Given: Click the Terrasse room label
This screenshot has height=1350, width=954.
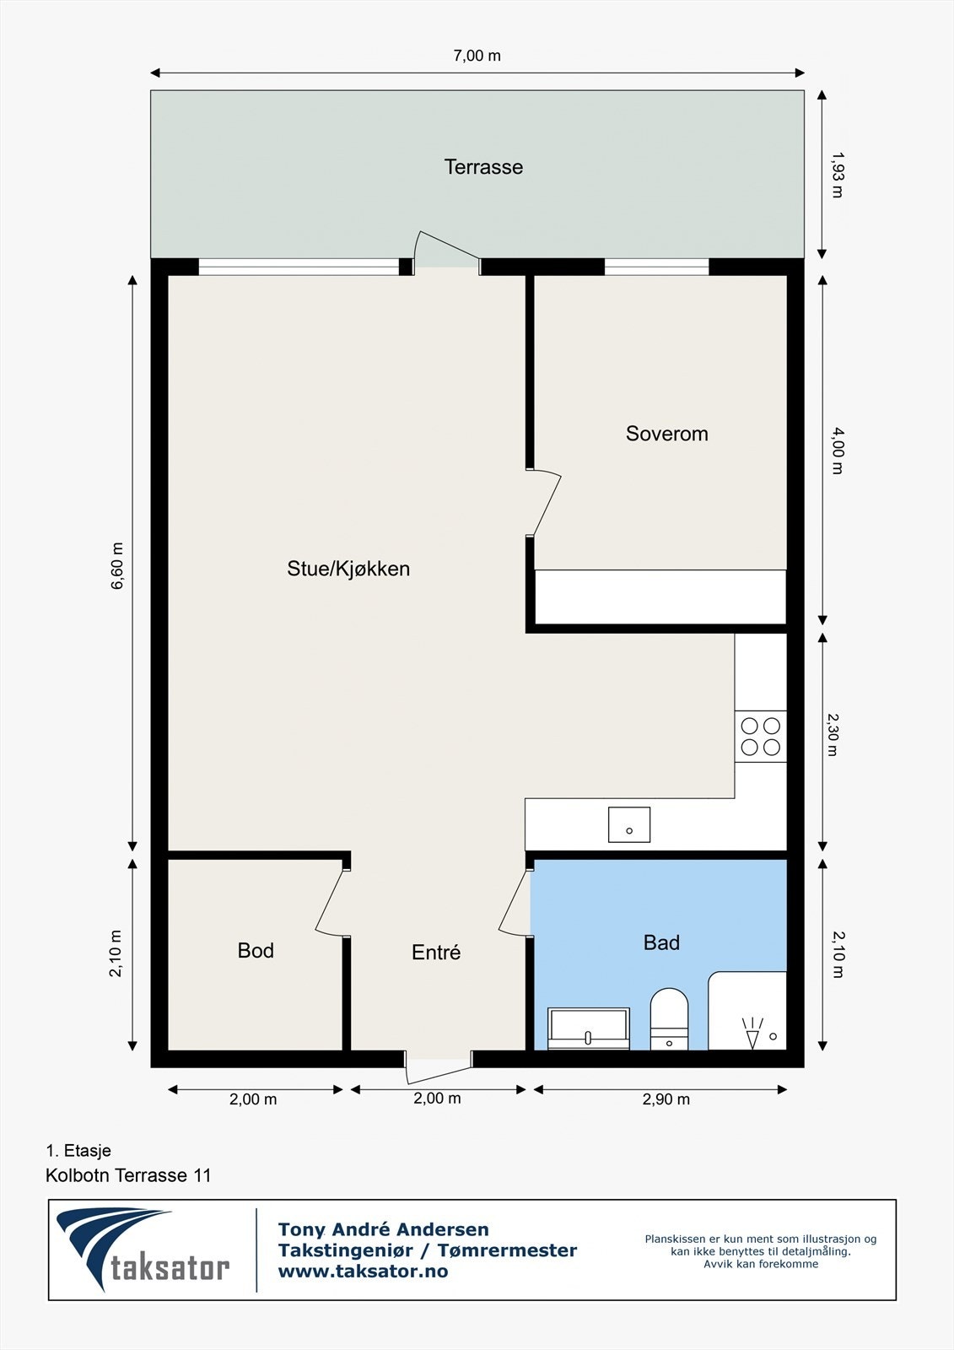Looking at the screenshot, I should pos(483,167).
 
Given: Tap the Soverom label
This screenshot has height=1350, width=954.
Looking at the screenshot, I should pos(666,434).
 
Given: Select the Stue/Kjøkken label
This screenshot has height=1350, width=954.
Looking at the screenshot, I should pos(348,569).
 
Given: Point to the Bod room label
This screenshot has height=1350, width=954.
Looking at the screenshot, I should pos(256,951).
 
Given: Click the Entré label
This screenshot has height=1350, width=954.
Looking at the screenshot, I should pos(436,953).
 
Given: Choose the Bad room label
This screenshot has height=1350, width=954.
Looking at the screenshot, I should pos(661,942).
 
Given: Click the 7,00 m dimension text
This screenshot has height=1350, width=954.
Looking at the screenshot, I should pos(477,56).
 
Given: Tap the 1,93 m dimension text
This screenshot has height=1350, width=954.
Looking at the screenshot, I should pos(836,174).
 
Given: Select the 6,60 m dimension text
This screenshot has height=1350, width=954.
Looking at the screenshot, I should pos(117,565).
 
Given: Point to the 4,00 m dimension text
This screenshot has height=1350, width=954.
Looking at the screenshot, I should pos(836,451).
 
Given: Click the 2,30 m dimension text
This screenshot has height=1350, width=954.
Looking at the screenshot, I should pos(832,734).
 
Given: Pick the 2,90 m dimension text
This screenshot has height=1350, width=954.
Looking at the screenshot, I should pos(666,1099).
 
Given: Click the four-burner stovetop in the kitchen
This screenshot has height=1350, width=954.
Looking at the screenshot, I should pos(760,737).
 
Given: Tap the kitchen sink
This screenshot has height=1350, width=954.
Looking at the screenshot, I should pos(629,824).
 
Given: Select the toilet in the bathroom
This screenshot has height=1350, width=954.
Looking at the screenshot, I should pos(669,1018).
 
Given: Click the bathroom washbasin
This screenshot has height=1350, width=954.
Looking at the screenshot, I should pos(589,1029).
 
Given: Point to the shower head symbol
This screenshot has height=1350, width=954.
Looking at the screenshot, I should pos(752,1033).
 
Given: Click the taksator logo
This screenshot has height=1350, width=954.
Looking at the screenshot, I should pos(143,1250).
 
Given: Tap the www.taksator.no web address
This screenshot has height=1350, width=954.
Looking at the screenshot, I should pos(363,1272).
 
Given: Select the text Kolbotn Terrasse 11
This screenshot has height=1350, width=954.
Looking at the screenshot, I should pos(128,1175).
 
